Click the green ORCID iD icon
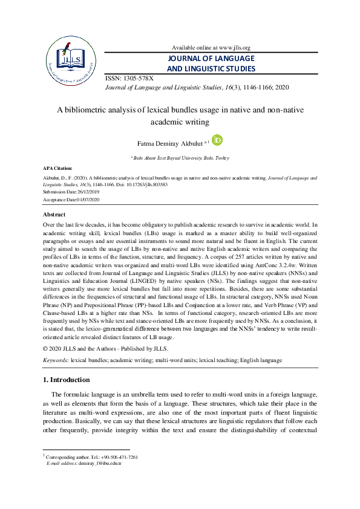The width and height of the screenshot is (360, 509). (217, 140)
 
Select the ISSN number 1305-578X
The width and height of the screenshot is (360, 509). (137, 79)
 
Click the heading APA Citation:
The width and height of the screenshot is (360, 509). (57, 167)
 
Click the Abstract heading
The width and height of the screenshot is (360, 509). (54, 215)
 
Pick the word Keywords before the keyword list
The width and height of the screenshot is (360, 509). (56, 360)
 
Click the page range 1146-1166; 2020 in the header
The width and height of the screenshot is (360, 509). (260, 87)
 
